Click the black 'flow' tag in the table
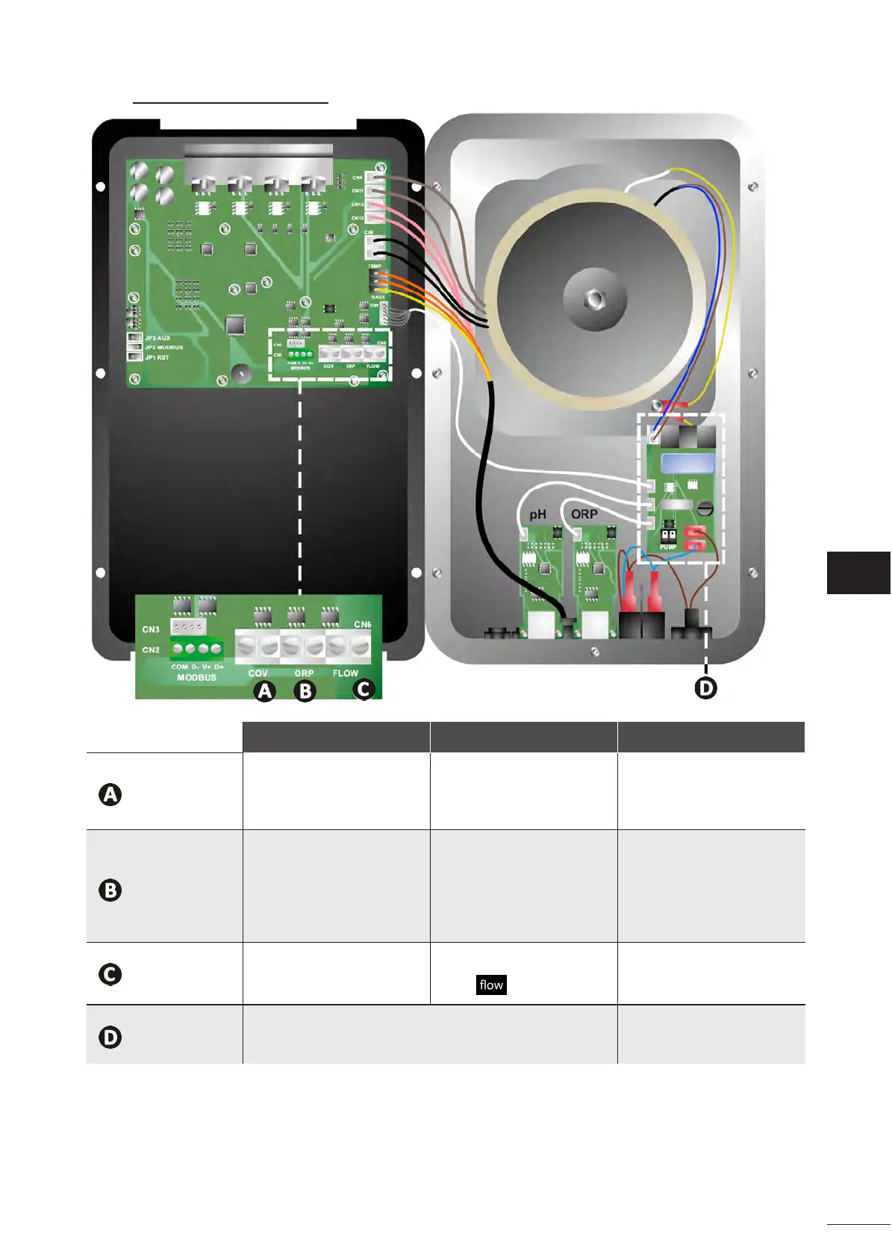tap(491, 985)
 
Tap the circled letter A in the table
tap(110, 794)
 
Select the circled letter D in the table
tap(110, 1037)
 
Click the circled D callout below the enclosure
tap(705, 687)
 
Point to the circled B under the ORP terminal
tap(305, 691)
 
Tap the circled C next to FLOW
tap(364, 688)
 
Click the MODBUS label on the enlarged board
tap(196, 678)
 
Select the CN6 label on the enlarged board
tap(362, 624)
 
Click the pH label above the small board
tap(537, 514)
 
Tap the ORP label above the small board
tap(584, 514)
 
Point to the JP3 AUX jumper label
tap(157, 338)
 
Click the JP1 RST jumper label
tap(157, 358)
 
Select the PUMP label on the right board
tap(668, 547)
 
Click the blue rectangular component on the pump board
tap(687, 463)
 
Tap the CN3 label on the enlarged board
tap(151, 629)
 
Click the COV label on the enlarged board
tap(258, 673)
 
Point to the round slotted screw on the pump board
tap(705, 509)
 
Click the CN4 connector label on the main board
tap(358, 178)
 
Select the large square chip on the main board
tap(236, 325)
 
